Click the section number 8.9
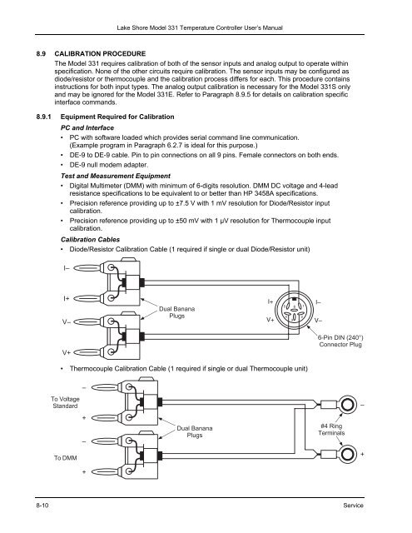coord(41,53)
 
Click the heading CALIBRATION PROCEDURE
coord(100,53)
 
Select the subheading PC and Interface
coord(87,127)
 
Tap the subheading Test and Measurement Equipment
coord(116,176)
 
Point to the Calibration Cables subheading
coord(91,240)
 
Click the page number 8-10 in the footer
coord(42,506)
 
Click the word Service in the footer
coord(353,506)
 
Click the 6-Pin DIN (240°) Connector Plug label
coord(340,341)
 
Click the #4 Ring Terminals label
coord(331,430)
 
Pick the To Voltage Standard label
coord(65,402)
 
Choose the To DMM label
coord(65,458)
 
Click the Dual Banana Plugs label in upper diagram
coord(177,312)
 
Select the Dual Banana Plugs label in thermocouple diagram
coord(195,431)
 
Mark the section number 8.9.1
coord(44,117)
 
